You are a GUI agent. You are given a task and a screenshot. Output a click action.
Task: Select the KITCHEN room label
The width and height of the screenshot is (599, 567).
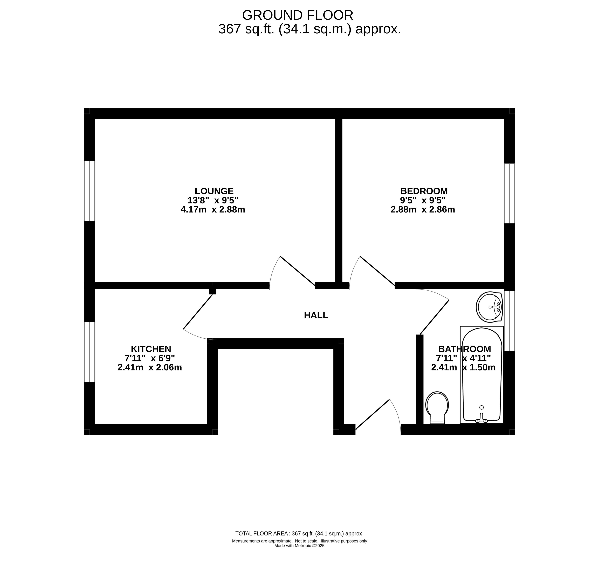(151, 349)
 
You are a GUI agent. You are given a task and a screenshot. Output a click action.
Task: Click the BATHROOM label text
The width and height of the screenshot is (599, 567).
(464, 349)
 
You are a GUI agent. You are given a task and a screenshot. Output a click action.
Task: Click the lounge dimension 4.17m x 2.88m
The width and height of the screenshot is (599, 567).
(213, 209)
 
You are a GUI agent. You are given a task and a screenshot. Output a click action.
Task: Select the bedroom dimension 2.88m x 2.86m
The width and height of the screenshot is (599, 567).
(423, 209)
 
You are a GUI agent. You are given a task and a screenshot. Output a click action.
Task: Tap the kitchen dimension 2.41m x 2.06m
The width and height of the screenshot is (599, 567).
(150, 367)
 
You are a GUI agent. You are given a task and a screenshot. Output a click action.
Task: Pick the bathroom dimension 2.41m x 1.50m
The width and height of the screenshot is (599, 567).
(463, 367)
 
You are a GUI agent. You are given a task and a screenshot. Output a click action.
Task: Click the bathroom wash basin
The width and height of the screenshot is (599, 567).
(489, 307)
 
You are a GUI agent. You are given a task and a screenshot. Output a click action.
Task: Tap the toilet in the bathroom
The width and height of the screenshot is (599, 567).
(437, 407)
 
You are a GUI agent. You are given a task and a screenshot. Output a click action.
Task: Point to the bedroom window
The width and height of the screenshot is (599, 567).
(509, 193)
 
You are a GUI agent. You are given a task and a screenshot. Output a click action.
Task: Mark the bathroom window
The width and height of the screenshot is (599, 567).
(509, 321)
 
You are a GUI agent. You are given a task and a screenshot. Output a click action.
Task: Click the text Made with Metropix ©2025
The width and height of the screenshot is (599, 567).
(299, 546)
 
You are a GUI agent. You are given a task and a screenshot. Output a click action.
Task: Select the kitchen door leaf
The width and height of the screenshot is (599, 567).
(198, 311)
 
